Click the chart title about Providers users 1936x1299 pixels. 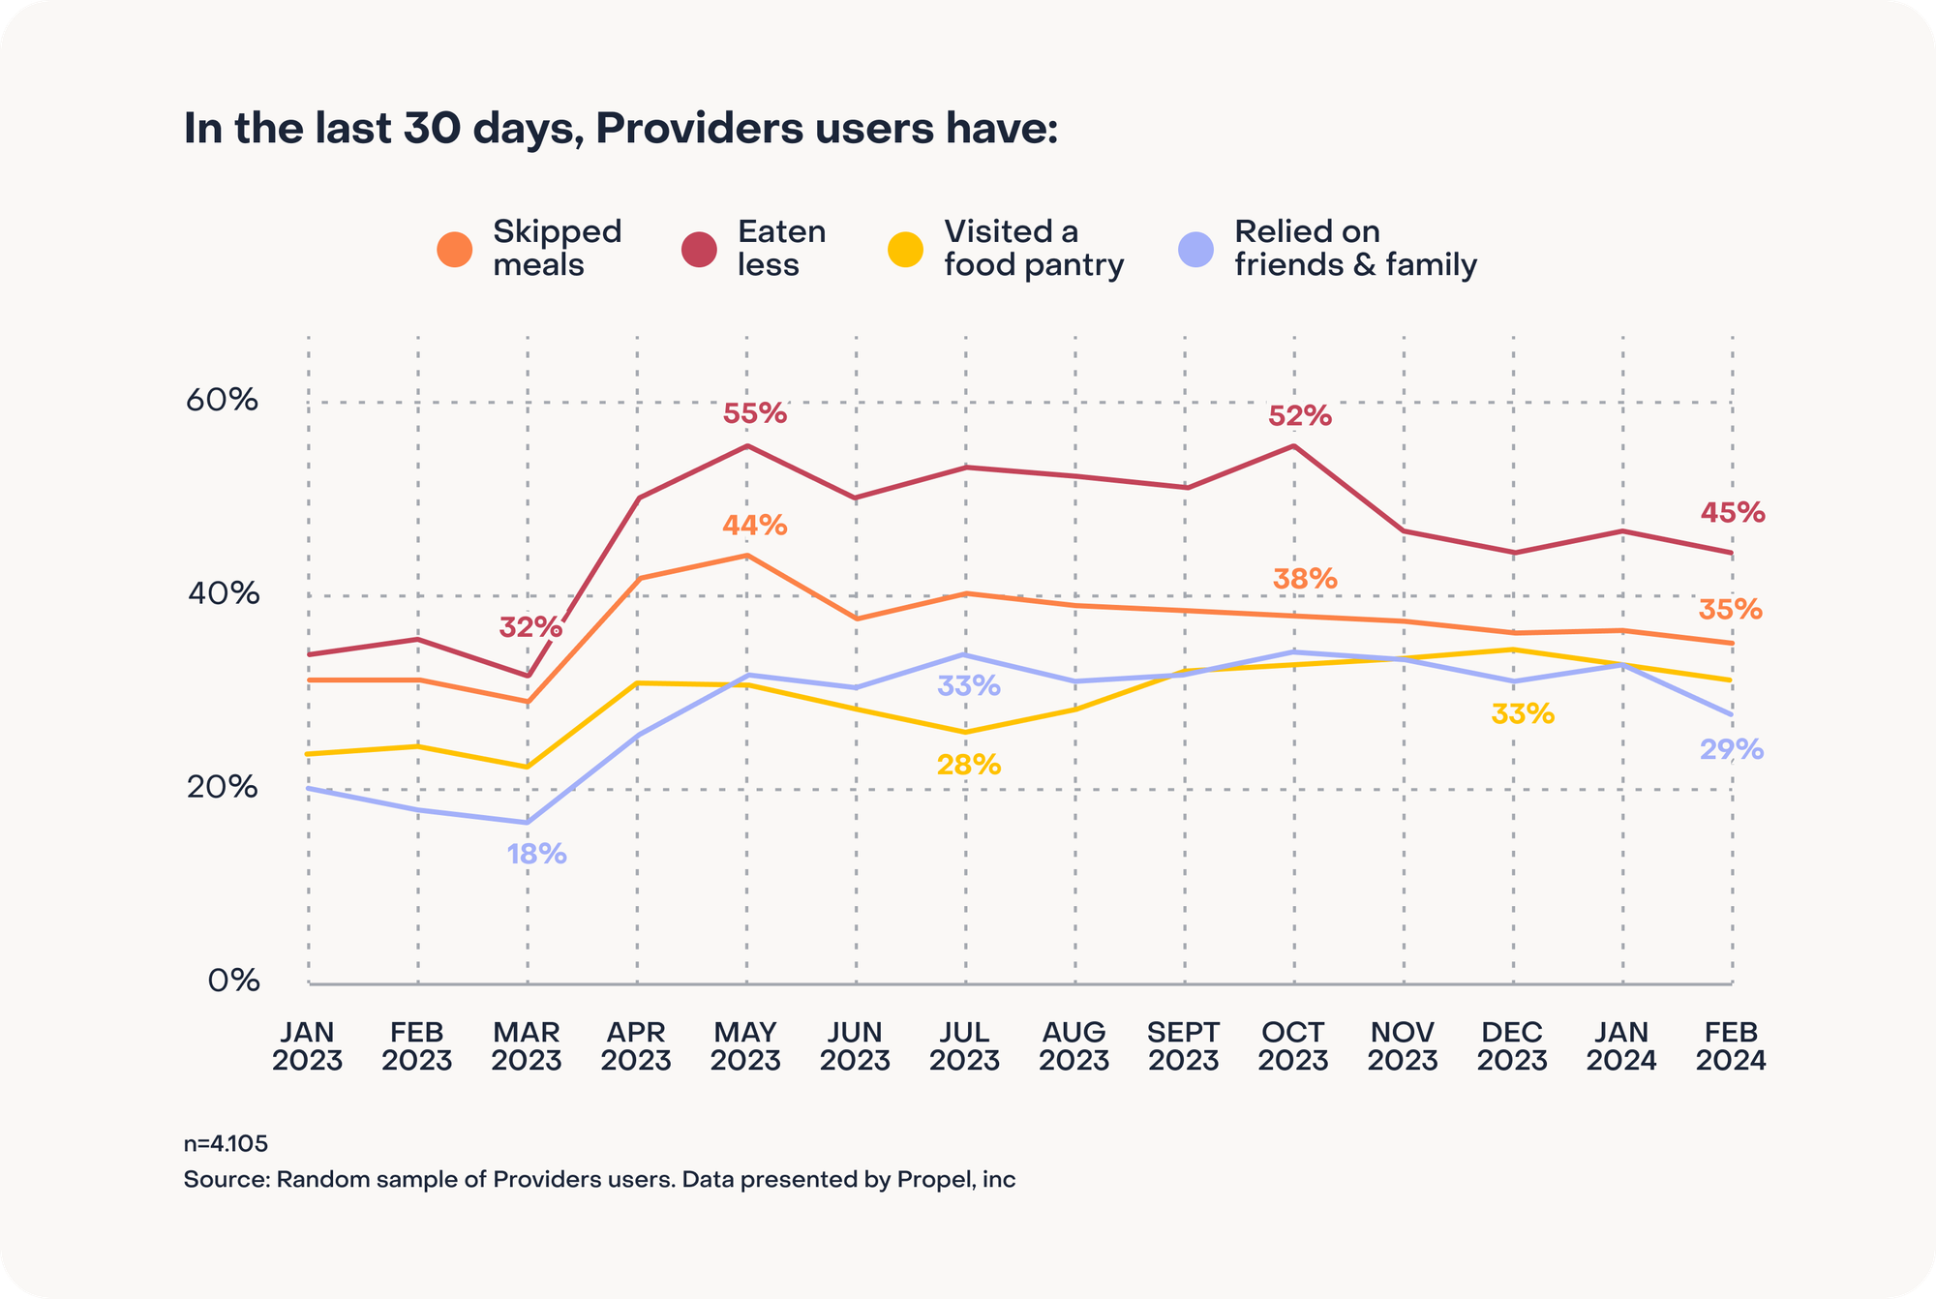[620, 129]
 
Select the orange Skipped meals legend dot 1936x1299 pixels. [455, 249]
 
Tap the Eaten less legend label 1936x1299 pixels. [781, 248]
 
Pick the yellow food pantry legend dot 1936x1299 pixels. [905, 249]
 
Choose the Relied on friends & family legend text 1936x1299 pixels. [1355, 248]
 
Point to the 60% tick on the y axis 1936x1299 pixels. [222, 400]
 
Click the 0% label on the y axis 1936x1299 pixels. [233, 981]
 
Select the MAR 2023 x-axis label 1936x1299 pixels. [527, 1046]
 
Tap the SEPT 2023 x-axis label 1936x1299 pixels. [1184, 1046]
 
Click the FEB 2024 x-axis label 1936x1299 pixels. [1731, 1046]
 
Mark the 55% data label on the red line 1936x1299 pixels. [755, 414]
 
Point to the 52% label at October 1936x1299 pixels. [1300, 416]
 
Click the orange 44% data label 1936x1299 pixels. [755, 526]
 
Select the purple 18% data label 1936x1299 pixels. [537, 854]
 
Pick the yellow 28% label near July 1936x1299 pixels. [969, 765]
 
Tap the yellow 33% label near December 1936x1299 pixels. [1523, 714]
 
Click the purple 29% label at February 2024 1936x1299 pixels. [1732, 749]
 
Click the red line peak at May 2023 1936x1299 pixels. [746, 446]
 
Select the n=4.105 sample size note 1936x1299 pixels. [226, 1143]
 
